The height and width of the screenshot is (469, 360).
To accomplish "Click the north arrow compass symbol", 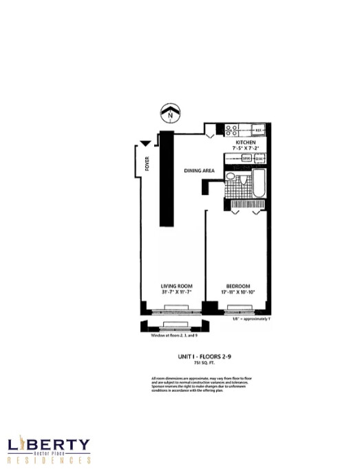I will pyautogui.click(x=169, y=111).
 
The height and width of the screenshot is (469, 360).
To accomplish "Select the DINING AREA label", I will pyautogui.click(x=197, y=170).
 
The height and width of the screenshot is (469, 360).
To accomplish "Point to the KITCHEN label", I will pyautogui.click(x=245, y=140).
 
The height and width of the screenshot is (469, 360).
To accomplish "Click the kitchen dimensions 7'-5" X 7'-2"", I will pyautogui.click(x=245, y=147).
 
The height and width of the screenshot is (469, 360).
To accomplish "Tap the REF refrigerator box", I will pyautogui.click(x=258, y=129).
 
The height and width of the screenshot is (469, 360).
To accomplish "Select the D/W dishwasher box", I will pyautogui.click(x=260, y=158).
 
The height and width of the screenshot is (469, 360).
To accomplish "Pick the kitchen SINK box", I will pyautogui.click(x=246, y=158).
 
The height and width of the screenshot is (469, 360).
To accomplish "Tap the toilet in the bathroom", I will pyautogui.click(x=231, y=178).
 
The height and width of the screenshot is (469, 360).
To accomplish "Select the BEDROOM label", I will pyautogui.click(x=237, y=286).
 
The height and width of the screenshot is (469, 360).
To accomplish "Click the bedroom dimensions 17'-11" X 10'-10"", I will pyautogui.click(x=237, y=293).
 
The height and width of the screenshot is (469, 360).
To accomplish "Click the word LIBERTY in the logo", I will pyautogui.click(x=48, y=445).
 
